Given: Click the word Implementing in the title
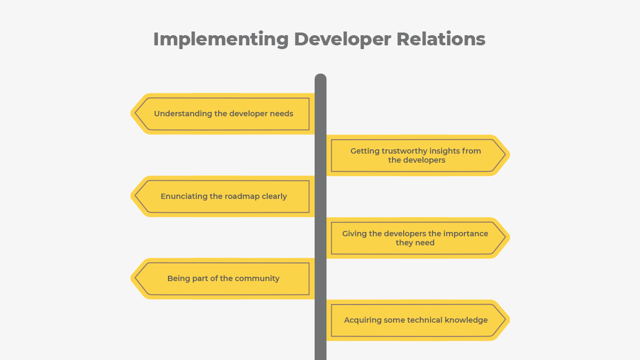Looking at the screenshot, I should pos(221,39).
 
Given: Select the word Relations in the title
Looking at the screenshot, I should pos(441,39).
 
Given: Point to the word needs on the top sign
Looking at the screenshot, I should pos(281,114).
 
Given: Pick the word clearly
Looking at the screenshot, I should pos(274,196).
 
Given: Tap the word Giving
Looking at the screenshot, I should pos(355,234).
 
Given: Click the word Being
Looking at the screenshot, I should pos(178,278).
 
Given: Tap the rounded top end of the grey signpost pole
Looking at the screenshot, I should pos(321,78).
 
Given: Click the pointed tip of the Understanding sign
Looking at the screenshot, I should pos(133,114).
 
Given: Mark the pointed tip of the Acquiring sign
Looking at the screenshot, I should pos(508,320).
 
